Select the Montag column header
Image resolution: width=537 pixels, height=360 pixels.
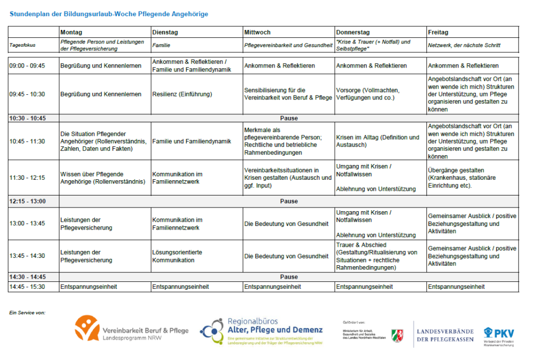71,32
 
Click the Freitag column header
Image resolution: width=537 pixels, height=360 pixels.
438,32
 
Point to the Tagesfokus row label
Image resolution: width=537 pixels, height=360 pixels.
23,46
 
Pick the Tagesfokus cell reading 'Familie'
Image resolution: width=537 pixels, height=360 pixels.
161,46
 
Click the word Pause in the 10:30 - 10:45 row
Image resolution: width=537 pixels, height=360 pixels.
289,118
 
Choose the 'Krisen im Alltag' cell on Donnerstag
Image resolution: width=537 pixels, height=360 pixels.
378,141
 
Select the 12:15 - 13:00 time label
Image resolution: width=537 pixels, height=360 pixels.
27,201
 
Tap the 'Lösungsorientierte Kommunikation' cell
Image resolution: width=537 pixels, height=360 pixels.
177,256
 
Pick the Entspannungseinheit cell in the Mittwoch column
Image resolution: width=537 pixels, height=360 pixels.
272,287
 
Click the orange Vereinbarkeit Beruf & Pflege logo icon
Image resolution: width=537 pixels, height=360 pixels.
87,328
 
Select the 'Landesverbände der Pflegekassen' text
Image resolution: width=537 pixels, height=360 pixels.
445,335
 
